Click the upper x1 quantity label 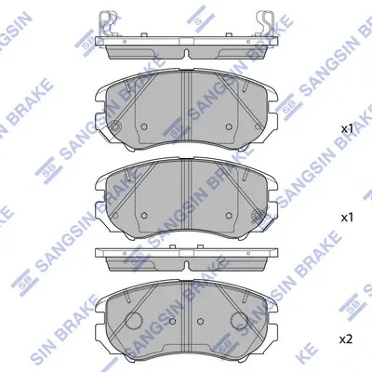tap(347, 129)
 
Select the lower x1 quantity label tap(347, 218)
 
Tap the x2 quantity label tap(347, 339)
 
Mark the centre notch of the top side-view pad tap(187, 53)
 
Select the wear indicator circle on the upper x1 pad tap(115, 126)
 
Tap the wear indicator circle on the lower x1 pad tap(258, 215)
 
